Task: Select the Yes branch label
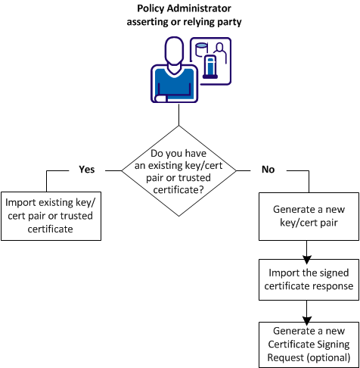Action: tap(86, 170)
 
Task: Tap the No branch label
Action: tap(268, 170)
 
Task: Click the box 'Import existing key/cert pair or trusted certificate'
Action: tap(51, 215)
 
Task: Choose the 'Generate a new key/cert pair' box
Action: tap(309, 215)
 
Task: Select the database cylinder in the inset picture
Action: tap(202, 50)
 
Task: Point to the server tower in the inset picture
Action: tap(213, 67)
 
